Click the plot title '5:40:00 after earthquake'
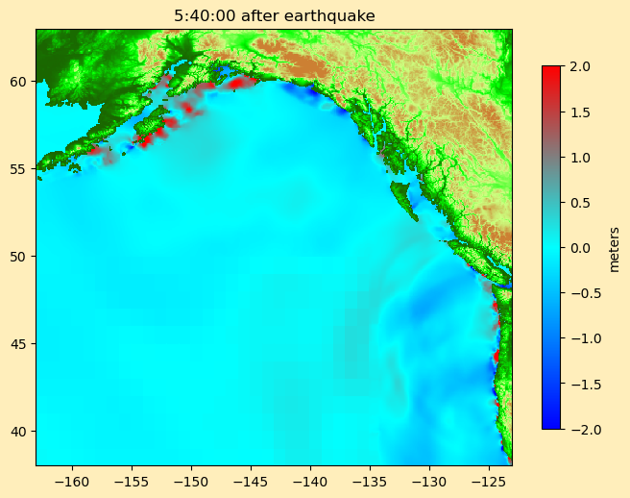(274, 15)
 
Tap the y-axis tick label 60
(19, 82)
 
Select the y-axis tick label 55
(19, 169)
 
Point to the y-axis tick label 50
(19, 257)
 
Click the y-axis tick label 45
(19, 344)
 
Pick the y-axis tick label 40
(19, 432)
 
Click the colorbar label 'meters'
(615, 248)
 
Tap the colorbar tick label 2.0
(579, 66)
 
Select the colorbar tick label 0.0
(579, 248)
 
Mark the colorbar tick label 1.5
(579, 112)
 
